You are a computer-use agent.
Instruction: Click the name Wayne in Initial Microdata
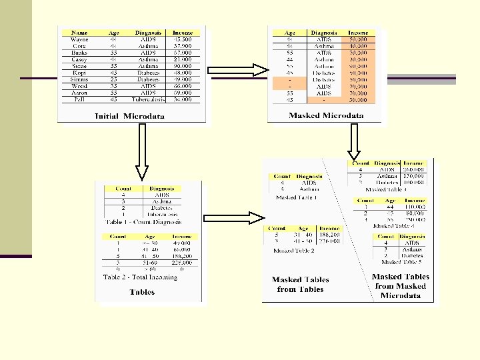79,39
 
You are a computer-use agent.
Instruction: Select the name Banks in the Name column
79,52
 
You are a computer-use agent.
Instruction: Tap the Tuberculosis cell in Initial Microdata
148,99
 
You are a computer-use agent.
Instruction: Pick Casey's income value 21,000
182,59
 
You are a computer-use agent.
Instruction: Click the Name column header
79,33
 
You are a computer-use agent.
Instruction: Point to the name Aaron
79,93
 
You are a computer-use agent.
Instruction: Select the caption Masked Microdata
326,115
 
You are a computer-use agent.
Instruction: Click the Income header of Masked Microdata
357,33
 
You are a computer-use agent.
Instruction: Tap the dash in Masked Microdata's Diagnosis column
324,99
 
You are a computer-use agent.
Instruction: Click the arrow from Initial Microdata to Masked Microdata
237,70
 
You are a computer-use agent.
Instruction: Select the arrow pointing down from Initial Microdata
141,153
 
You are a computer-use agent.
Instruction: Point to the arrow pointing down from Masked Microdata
354,140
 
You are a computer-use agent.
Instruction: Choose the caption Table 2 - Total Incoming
140,277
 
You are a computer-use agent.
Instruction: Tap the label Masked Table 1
297,198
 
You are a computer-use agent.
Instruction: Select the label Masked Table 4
391,226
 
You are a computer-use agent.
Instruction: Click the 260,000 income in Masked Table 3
414,169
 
